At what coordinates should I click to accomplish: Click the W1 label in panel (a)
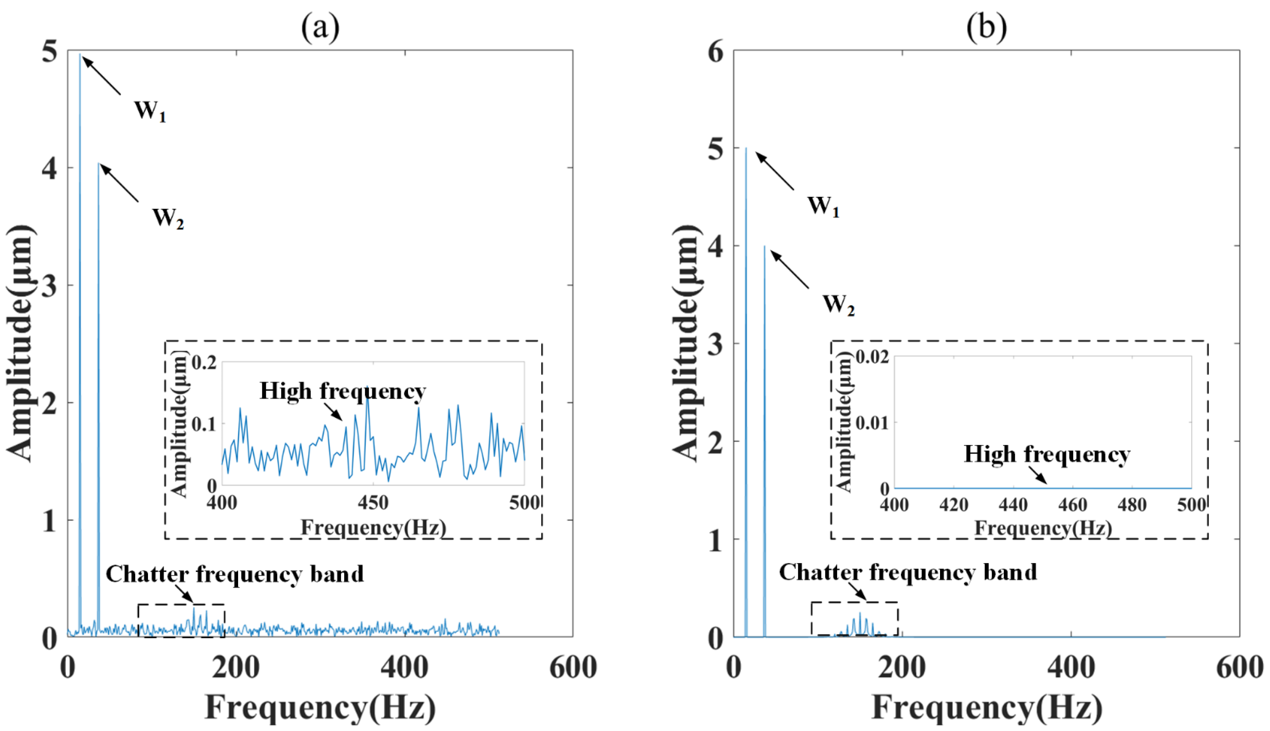click(149, 111)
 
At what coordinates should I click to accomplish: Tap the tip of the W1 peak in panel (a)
click(80, 54)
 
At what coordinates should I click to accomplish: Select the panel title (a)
click(320, 28)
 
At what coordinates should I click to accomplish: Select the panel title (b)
click(986, 28)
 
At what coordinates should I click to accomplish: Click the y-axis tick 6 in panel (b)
click(715, 52)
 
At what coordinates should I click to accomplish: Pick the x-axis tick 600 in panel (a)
click(573, 668)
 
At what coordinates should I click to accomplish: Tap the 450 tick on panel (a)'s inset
click(373, 502)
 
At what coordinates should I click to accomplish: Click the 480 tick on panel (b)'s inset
click(1131, 505)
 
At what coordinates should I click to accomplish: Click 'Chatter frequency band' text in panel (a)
click(234, 574)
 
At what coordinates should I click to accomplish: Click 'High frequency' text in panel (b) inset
click(1047, 454)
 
